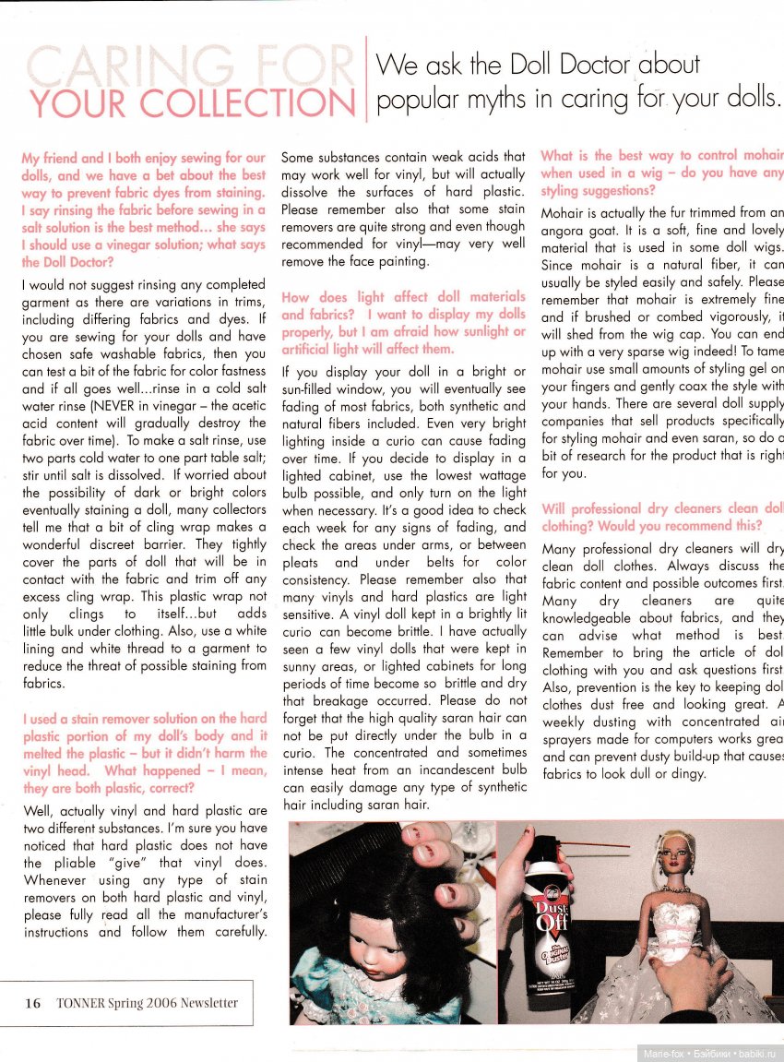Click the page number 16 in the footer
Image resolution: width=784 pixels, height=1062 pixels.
[x=32, y=1003]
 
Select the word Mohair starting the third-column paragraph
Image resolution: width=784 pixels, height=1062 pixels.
[x=564, y=214]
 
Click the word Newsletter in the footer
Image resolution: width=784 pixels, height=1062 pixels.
[x=208, y=1003]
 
